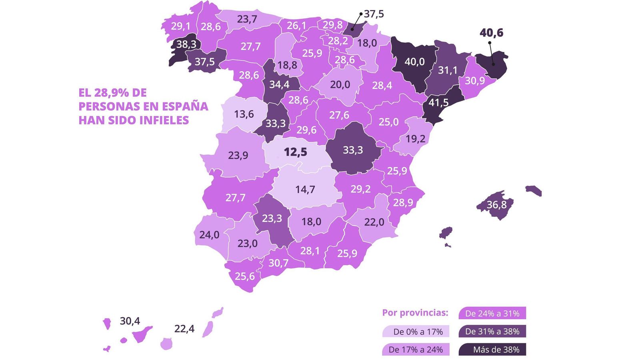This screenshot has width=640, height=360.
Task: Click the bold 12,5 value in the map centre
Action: [295, 152]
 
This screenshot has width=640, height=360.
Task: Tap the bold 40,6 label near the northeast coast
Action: [491, 33]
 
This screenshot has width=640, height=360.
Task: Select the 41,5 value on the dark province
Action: [438, 103]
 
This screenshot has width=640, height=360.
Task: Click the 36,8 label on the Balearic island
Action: [496, 205]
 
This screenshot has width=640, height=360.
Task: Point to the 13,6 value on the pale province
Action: [244, 114]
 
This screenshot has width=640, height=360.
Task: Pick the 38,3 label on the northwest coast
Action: [186, 44]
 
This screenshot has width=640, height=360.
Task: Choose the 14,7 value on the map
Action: [305, 189]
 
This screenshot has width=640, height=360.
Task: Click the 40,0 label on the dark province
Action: [414, 62]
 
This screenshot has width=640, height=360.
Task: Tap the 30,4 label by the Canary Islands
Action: [130, 321]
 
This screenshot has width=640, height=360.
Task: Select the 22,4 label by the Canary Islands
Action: [184, 329]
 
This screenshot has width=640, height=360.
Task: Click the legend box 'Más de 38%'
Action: [492, 350]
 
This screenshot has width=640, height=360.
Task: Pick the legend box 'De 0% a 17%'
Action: [415, 332]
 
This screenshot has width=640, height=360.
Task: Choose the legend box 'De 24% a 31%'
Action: [492, 314]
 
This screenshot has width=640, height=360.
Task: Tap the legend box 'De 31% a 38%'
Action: [492, 332]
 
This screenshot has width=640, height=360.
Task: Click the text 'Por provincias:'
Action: [415, 313]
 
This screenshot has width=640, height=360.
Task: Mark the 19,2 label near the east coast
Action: [415, 139]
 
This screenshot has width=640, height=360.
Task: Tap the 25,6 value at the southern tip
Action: [244, 276]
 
